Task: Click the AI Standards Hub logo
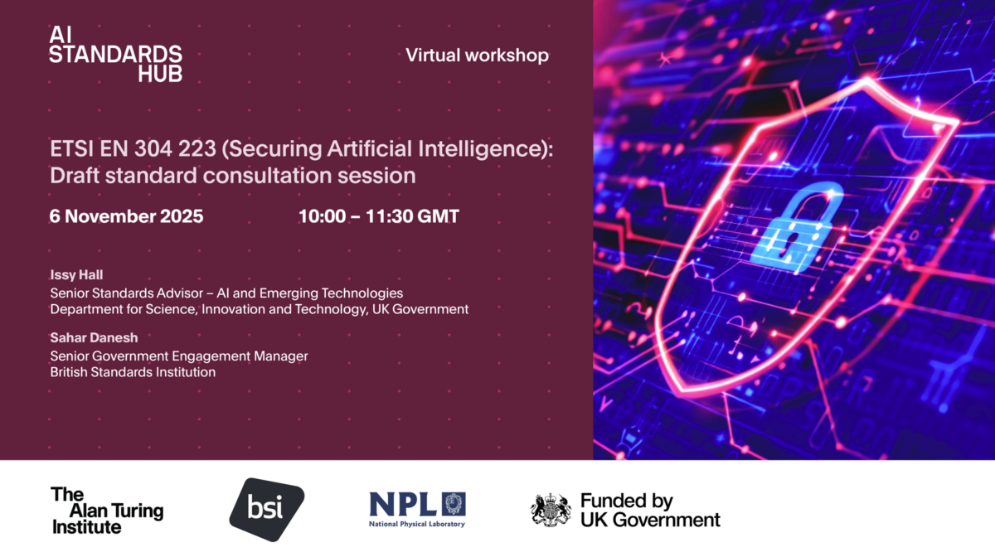(x=115, y=54)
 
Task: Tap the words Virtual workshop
(x=477, y=56)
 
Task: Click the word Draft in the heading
(x=74, y=176)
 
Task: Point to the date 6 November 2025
(x=126, y=217)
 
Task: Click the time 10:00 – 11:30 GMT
(x=379, y=217)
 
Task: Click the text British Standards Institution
(x=133, y=372)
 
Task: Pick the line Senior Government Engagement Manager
(x=179, y=356)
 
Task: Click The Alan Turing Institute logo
(x=107, y=510)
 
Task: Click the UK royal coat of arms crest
(x=551, y=510)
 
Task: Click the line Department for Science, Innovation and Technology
(x=259, y=309)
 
